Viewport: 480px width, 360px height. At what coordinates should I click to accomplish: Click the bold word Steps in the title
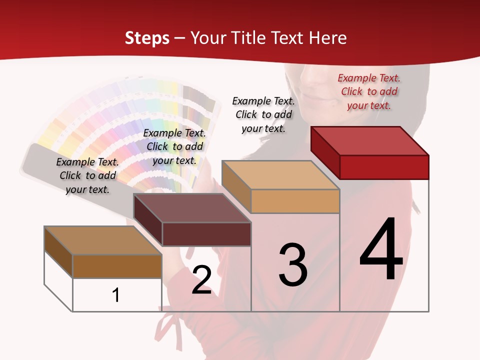point(147,38)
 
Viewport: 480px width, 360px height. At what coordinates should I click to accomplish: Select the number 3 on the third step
point(292,265)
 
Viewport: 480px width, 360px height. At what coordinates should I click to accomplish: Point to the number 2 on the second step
point(201,280)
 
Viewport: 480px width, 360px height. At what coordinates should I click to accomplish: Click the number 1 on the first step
point(116,295)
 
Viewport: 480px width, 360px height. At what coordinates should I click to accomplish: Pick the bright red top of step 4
point(370,140)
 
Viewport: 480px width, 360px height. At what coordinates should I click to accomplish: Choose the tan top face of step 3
point(280,175)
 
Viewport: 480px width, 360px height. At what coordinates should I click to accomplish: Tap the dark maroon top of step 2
point(192,208)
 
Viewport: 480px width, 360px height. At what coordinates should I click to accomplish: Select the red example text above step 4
point(369,91)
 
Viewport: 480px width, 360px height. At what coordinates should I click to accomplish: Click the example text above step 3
point(263,114)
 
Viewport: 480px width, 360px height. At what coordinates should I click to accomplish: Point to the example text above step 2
point(174,146)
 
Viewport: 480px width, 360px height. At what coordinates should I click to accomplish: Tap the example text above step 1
point(87,175)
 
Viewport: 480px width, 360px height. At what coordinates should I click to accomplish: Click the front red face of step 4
point(384,167)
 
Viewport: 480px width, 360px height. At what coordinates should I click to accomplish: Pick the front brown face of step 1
point(117,266)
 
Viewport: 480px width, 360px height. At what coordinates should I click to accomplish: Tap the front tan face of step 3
point(295,201)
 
